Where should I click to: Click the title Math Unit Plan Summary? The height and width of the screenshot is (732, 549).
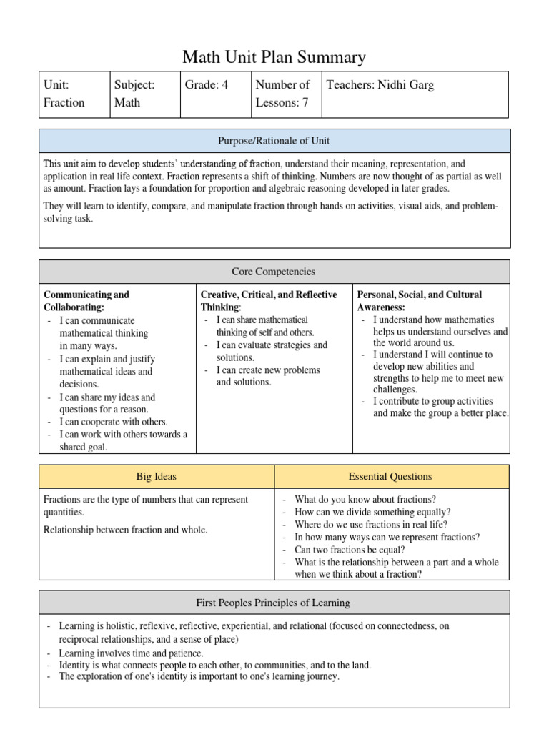274,57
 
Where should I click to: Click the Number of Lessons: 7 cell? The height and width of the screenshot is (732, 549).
284,94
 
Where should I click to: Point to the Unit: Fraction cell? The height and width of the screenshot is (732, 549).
74,94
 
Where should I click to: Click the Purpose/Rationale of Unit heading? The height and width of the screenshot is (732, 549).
274,141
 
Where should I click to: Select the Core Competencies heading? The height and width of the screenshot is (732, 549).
274,272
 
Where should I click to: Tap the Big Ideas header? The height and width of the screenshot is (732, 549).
157,477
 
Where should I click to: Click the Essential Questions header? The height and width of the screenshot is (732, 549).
391,477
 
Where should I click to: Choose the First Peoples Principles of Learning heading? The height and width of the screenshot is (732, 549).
274,603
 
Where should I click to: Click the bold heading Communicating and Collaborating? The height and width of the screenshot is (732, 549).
86,301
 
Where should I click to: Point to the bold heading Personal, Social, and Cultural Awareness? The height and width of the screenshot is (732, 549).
420,301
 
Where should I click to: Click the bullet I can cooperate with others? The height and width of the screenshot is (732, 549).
113,422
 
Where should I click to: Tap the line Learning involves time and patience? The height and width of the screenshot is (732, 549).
131,653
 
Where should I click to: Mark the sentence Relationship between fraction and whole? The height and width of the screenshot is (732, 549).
126,530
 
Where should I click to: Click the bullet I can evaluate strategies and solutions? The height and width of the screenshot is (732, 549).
272,351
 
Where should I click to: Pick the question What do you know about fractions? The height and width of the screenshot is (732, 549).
365,500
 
